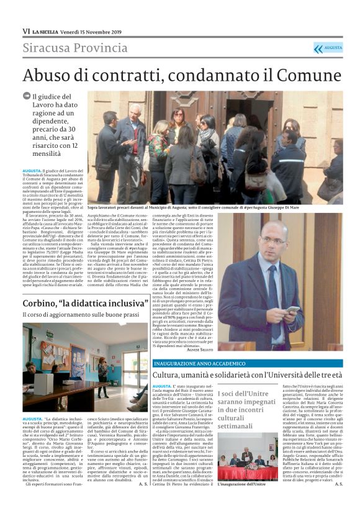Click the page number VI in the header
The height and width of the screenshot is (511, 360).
click(x=26, y=31)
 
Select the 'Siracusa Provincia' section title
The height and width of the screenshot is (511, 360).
click(x=75, y=48)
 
